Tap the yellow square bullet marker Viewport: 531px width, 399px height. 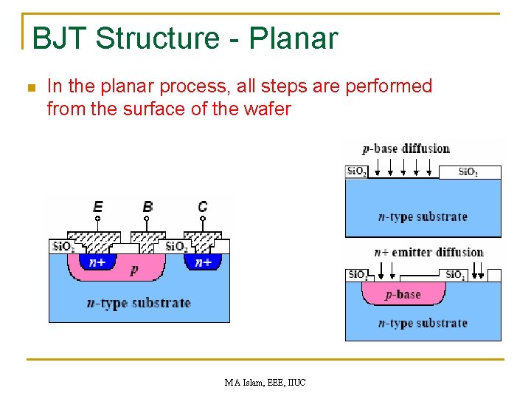[30, 87]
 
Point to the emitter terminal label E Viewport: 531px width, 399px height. [97, 206]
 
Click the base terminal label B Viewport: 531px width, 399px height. [147, 206]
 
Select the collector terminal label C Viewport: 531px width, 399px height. [202, 206]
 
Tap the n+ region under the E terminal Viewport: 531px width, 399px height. [97, 262]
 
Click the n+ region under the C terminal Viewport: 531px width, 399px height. [203, 262]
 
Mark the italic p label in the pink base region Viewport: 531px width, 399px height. [133, 270]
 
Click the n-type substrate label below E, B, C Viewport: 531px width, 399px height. [139, 303]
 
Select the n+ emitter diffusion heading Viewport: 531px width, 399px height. [428, 252]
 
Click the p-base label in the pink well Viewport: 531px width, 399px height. [403, 294]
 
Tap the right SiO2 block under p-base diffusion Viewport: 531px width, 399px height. [469, 172]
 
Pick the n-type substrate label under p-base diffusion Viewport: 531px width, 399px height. [423, 216]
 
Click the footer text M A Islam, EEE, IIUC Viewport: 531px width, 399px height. [265, 382]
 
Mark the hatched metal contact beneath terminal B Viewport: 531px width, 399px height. [147, 238]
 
